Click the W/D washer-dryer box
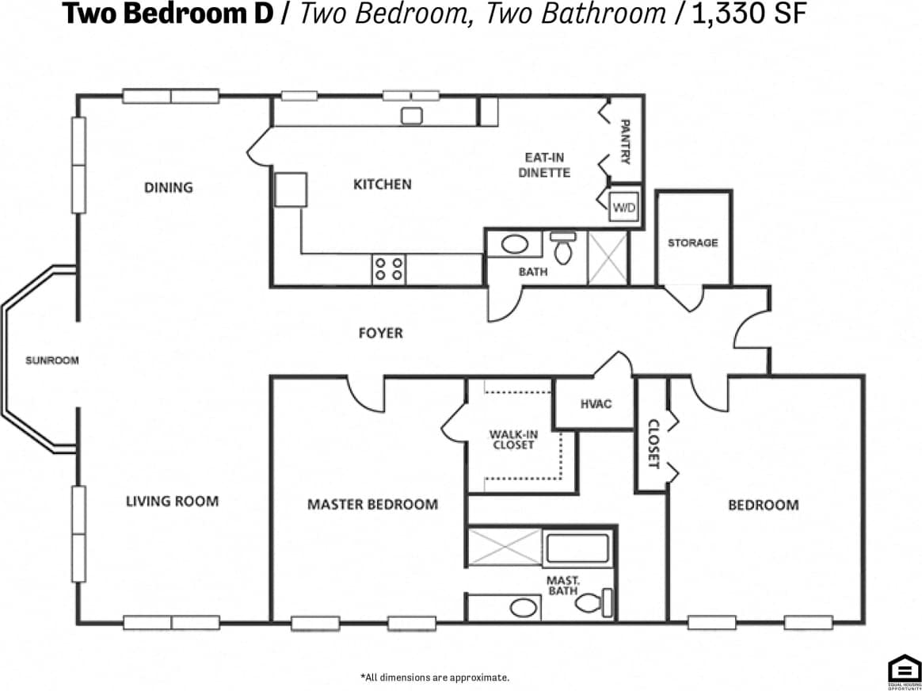coord(623,208)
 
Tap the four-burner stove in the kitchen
coord(389,269)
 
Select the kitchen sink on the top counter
coord(412,116)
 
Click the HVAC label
coord(596,404)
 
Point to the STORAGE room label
coord(692,242)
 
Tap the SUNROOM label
coord(52,361)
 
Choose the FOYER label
coord(380,333)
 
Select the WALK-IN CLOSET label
coord(512,440)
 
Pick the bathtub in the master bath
coord(578,548)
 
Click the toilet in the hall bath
coord(564,249)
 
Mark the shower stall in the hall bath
coord(607,258)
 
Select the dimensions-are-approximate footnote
coord(435,678)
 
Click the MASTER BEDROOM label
coord(372,504)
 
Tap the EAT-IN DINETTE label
coord(545,165)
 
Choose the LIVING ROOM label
coord(172,501)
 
